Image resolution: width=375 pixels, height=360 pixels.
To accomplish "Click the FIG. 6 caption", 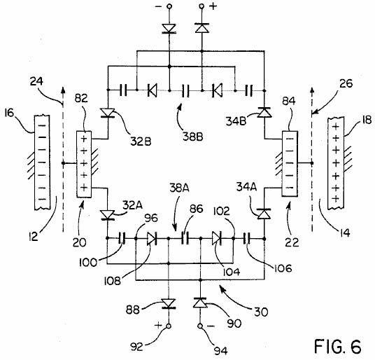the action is [x=337, y=346].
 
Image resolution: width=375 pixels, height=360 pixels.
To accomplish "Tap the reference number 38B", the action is [x=193, y=137].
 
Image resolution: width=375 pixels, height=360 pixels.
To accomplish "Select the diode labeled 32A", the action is [x=107, y=215].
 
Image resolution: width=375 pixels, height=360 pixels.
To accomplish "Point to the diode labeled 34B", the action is [x=264, y=112].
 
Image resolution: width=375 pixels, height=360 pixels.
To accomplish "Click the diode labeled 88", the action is [x=169, y=303].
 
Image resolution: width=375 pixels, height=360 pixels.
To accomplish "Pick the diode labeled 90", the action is [x=200, y=303].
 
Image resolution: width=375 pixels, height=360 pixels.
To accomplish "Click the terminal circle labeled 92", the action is [x=169, y=326].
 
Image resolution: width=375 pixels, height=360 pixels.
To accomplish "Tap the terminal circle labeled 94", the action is [x=200, y=326].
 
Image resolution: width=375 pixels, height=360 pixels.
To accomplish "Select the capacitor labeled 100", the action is [x=123, y=238].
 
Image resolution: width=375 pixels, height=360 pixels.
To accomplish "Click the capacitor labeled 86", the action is [x=185, y=238].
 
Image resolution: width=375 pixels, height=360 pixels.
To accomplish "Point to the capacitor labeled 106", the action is [x=247, y=238].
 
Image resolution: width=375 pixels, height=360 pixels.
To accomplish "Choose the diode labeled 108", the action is [x=152, y=239].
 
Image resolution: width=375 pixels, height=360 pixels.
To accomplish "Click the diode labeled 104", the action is [x=218, y=239].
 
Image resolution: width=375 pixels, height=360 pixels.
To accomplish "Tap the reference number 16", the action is [x=9, y=113].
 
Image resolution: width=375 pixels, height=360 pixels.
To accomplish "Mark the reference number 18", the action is [x=366, y=120].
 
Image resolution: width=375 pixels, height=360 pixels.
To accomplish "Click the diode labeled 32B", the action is [x=108, y=113].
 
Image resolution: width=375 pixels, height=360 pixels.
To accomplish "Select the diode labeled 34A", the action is [x=264, y=214].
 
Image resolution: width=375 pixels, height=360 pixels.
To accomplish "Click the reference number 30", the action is [x=261, y=312].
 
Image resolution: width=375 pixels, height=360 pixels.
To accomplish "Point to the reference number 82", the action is [x=81, y=98].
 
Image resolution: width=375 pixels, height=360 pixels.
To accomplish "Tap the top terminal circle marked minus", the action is [x=169, y=6].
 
